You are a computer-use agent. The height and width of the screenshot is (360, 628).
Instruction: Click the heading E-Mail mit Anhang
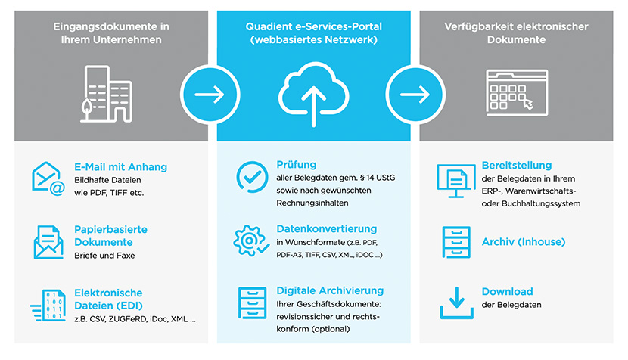(x=120, y=166)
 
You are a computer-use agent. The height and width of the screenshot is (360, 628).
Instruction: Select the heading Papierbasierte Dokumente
(x=110, y=236)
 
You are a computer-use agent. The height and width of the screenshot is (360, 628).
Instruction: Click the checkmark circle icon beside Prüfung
(x=251, y=176)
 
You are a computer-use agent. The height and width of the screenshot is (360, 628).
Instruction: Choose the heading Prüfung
(x=297, y=164)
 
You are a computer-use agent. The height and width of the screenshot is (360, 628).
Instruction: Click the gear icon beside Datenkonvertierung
(x=251, y=241)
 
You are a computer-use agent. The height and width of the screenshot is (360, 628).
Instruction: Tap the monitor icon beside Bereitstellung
(x=456, y=179)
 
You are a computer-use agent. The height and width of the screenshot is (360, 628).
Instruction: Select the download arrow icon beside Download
(x=457, y=303)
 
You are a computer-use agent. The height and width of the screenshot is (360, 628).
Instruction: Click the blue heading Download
(x=507, y=291)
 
